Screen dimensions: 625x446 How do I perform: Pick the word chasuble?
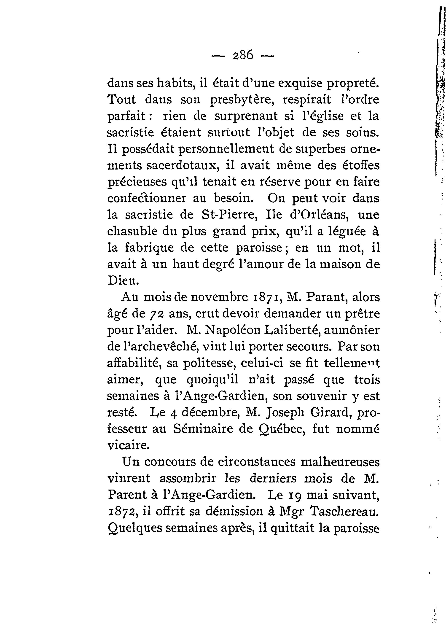click(x=130, y=231)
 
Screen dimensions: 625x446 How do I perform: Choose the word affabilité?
click(x=134, y=363)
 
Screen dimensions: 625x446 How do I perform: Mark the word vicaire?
click(x=128, y=445)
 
